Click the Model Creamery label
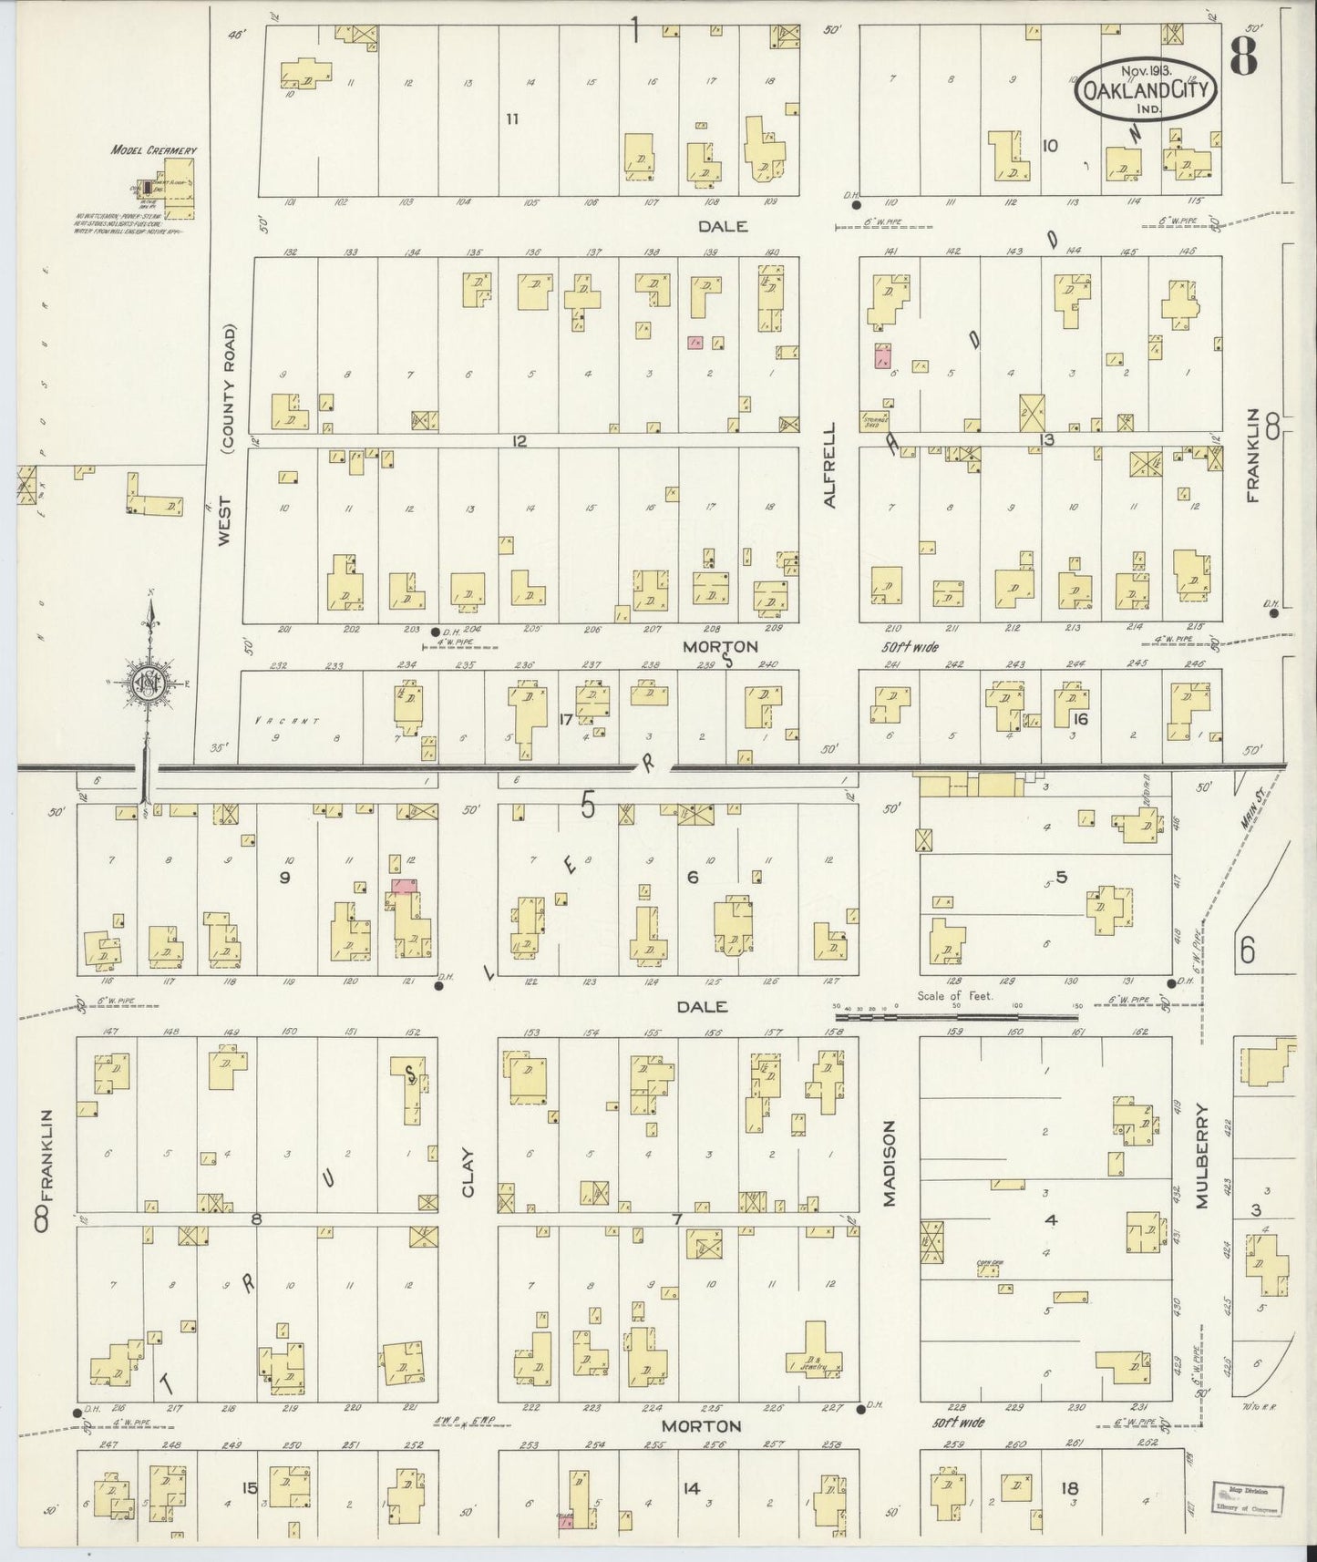click(153, 149)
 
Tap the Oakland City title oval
click(1147, 87)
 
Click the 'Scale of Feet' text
click(955, 996)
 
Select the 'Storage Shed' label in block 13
click(876, 422)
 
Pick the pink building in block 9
click(403, 885)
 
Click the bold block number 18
click(1069, 1488)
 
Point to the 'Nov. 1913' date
click(1146, 69)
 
